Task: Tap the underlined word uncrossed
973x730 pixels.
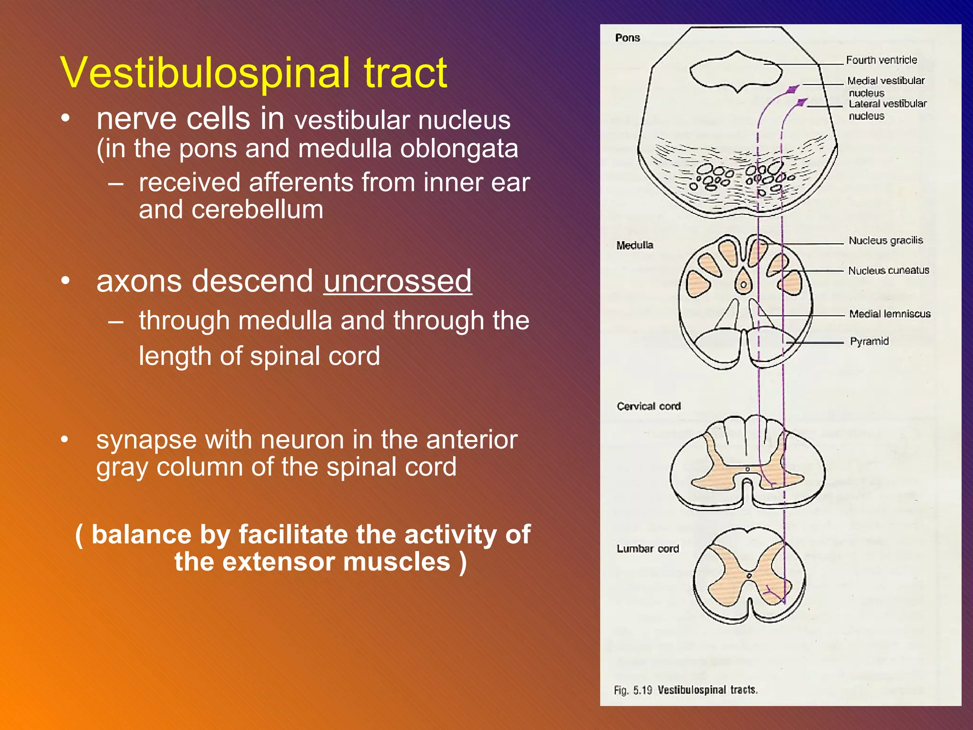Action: [x=398, y=281]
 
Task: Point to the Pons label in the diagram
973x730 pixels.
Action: [x=627, y=38]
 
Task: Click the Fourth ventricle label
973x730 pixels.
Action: [x=881, y=60]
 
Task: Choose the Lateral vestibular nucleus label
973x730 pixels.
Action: [x=887, y=109]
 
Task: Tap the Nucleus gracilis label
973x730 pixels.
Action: [x=886, y=240]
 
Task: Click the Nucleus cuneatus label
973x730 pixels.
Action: [x=888, y=270]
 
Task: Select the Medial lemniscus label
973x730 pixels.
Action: [x=889, y=314]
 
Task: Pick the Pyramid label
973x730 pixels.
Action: [x=869, y=341]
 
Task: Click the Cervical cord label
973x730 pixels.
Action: [x=649, y=406]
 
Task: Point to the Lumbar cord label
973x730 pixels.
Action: [x=648, y=549]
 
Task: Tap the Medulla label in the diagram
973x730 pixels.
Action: [x=635, y=245]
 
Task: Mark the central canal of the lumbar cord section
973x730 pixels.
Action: [x=749, y=576]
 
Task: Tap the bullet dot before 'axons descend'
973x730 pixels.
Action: [x=66, y=281]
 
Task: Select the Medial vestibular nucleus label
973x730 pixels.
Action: [x=886, y=86]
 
